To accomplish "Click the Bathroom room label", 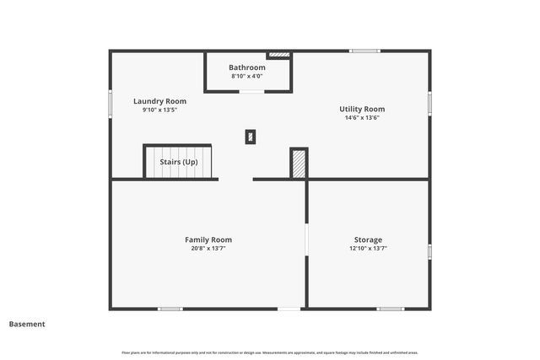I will point(247,67).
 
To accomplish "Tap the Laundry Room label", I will point(159,101).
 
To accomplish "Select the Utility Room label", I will point(362,109).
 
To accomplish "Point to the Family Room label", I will point(208,239).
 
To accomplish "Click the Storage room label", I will point(368,239).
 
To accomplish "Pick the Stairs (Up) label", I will point(179,162).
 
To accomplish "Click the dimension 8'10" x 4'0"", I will point(247,77).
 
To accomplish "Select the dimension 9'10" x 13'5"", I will point(159,110).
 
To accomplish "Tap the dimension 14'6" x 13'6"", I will point(362,118).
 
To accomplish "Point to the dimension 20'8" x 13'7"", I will point(208,249).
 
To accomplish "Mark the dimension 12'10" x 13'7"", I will point(368,249).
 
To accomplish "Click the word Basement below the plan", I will point(27,324).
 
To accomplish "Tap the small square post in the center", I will point(251,137).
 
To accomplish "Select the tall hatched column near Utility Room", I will point(299,164).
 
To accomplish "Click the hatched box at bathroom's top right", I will point(278,56).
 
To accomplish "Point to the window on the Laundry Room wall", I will point(111,103).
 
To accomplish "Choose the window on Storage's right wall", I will point(429,251).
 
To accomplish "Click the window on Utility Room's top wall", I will point(364,51).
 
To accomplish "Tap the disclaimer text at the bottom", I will point(270,352).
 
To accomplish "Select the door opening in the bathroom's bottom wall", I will point(251,91).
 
